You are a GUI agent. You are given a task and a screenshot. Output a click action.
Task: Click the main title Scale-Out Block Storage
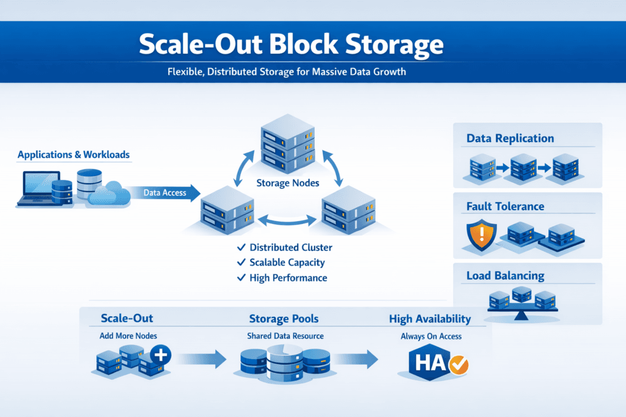(x=290, y=45)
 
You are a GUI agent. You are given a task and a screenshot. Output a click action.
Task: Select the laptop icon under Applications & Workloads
(x=42, y=187)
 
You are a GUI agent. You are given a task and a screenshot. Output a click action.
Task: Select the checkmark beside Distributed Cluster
(x=241, y=247)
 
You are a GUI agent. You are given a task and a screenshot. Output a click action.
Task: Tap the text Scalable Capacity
(x=287, y=263)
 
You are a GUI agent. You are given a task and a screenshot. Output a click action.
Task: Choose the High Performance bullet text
(x=288, y=278)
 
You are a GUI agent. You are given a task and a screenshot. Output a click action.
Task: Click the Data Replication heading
(x=510, y=138)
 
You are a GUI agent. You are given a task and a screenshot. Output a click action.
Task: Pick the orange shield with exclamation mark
(x=477, y=233)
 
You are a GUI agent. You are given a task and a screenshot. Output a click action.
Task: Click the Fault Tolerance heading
(x=505, y=206)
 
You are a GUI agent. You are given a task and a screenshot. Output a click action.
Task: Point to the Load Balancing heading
(x=504, y=276)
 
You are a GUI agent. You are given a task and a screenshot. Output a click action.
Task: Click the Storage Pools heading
(x=284, y=319)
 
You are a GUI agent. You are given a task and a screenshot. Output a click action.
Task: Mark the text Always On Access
(x=431, y=336)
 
